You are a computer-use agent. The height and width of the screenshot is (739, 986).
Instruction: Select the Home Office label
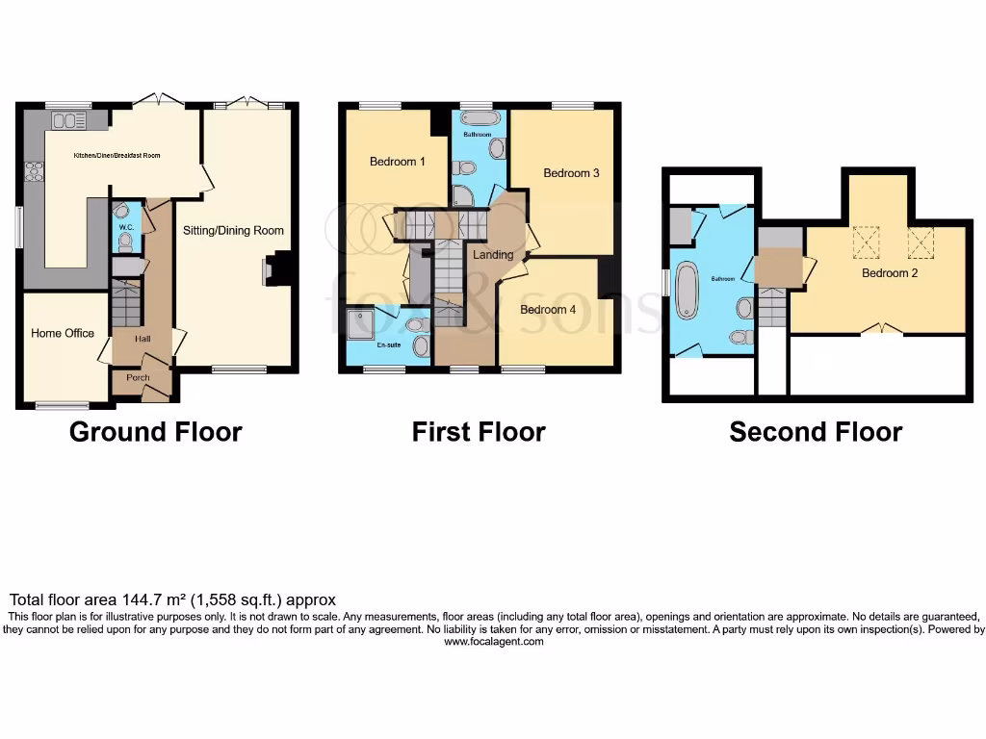pos(63,333)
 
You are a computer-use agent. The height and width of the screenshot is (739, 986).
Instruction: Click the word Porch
pos(138,378)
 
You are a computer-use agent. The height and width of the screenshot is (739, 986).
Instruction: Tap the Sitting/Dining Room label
pos(234,231)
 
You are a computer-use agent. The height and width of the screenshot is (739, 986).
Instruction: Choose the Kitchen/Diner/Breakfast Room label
pos(117,155)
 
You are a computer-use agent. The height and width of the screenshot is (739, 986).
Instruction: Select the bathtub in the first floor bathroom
pos(479,118)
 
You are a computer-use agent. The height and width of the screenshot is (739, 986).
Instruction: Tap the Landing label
pos(491,254)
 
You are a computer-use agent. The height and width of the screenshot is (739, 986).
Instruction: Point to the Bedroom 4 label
pos(548,310)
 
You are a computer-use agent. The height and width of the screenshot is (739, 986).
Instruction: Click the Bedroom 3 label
pos(571,173)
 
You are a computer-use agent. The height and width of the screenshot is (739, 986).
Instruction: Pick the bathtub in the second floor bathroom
pos(688,289)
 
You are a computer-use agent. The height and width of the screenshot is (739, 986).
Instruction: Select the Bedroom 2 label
pos(889,273)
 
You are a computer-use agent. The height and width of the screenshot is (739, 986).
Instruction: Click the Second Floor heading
pos(815,432)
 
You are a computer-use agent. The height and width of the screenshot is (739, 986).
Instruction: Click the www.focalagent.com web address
pos(493,642)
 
